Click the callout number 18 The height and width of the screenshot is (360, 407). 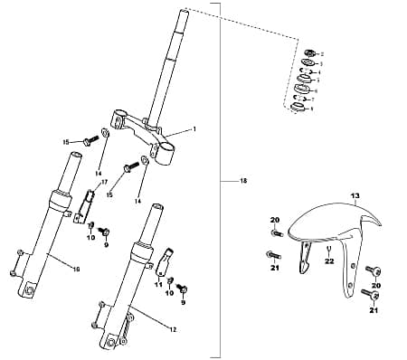pyautogui.click(x=243, y=182)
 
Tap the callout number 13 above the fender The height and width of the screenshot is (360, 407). pyautogui.click(x=355, y=196)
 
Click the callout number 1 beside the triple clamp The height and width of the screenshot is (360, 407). pyautogui.click(x=193, y=129)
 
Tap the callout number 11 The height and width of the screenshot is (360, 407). pyautogui.click(x=158, y=284)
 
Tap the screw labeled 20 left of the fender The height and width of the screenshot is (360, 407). pyautogui.click(x=275, y=232)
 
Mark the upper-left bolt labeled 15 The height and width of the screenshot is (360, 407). pyautogui.click(x=88, y=141)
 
